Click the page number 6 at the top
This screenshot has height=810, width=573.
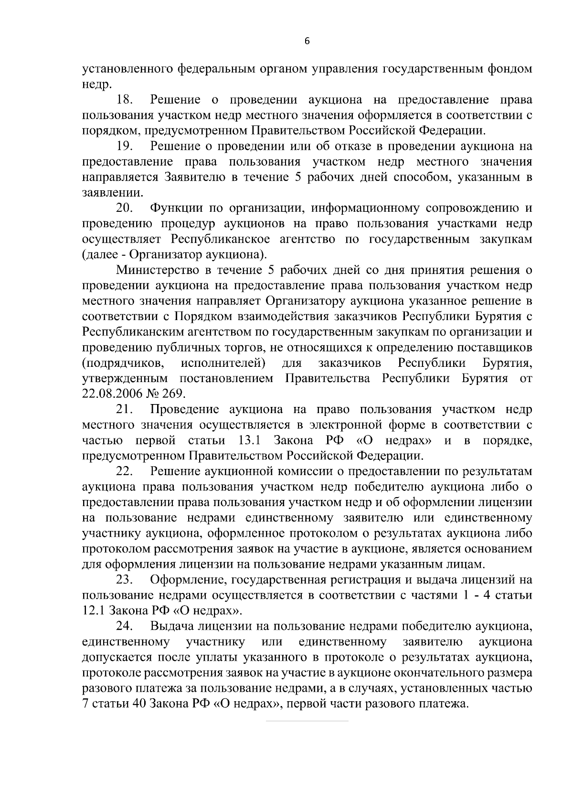click(307, 42)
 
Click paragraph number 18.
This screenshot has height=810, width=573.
click(126, 100)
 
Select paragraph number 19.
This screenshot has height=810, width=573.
click(126, 146)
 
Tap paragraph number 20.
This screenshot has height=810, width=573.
click(126, 208)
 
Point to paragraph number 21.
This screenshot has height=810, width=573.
click(126, 409)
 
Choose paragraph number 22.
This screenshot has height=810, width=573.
click(126, 471)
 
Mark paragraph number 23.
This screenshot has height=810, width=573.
click(126, 580)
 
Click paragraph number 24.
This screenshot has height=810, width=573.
click(126, 626)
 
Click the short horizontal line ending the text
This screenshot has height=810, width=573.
click(307, 720)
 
